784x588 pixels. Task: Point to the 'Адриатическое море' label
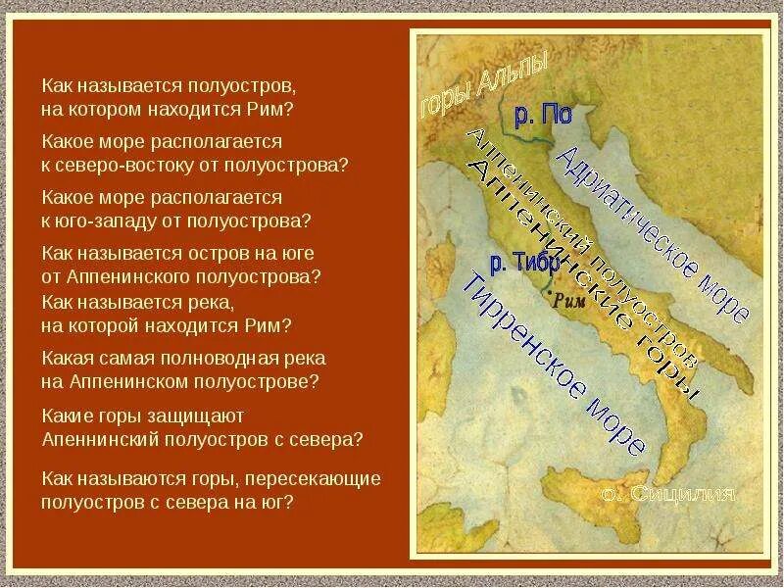point(651,234)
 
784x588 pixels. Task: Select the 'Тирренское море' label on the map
point(553,362)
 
